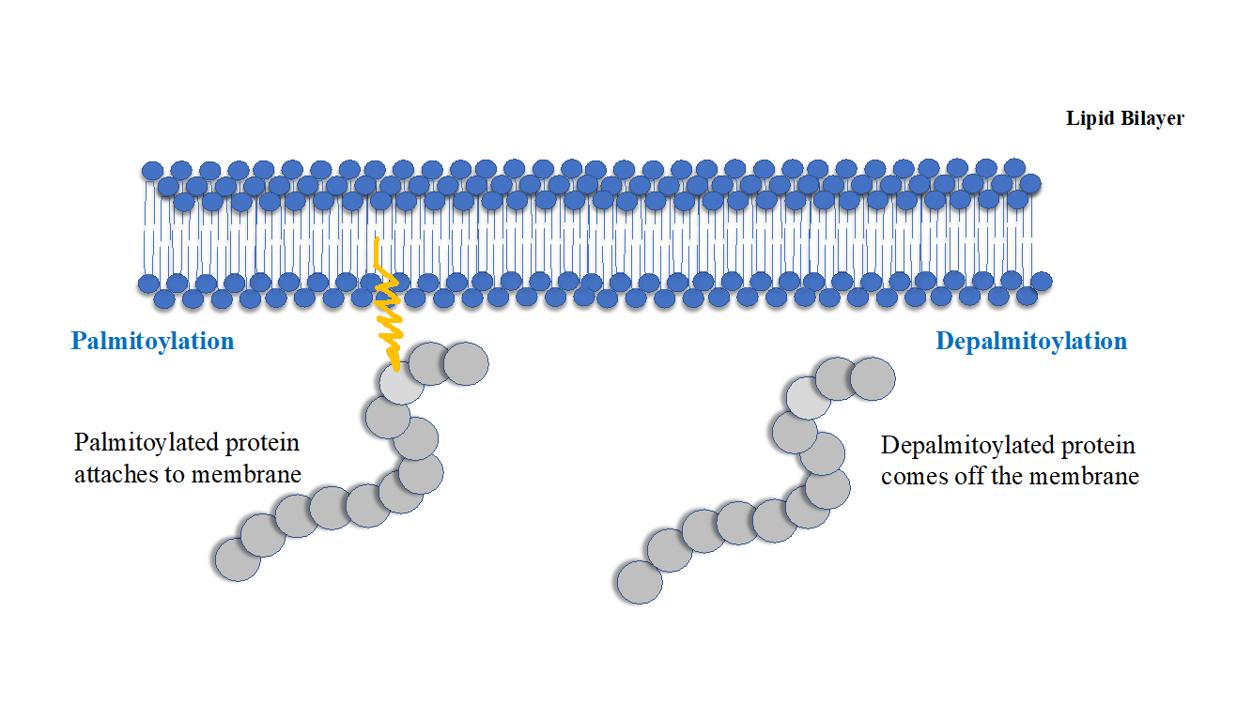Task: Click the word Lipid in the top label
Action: (x=1087, y=119)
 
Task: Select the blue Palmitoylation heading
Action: (x=152, y=341)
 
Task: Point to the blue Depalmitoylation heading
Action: (x=1031, y=341)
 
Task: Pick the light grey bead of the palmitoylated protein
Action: (x=401, y=383)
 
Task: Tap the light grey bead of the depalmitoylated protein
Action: (x=808, y=398)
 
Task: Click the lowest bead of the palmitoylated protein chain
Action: (x=238, y=560)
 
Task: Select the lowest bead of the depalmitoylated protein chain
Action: (x=640, y=582)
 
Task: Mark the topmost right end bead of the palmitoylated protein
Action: (x=466, y=363)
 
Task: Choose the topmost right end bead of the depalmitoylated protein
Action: (x=873, y=378)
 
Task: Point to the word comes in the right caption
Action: (x=909, y=477)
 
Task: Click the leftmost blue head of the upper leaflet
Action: (x=152, y=170)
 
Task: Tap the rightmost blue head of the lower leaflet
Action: (x=1041, y=281)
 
